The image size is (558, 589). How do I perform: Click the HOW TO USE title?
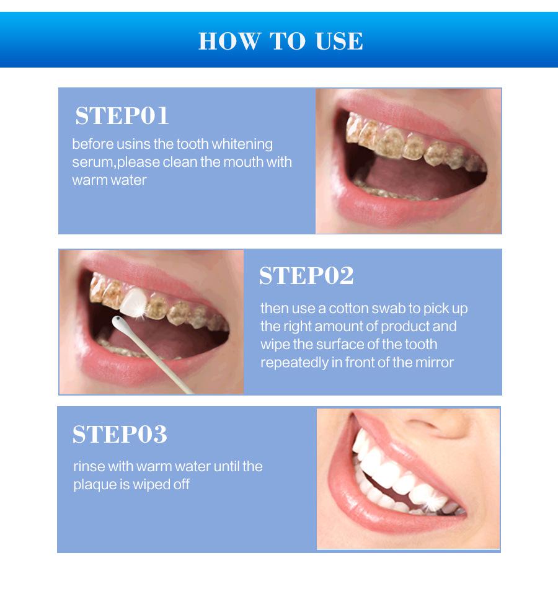pyautogui.click(x=280, y=41)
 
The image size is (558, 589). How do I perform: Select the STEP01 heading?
pyautogui.click(x=122, y=116)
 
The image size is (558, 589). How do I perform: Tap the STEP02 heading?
pyautogui.click(x=306, y=276)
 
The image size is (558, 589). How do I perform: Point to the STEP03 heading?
pyautogui.click(x=120, y=435)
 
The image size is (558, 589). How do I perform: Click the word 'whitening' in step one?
pyautogui.click(x=242, y=144)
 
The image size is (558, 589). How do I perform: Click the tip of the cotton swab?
pyautogui.click(x=117, y=321)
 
